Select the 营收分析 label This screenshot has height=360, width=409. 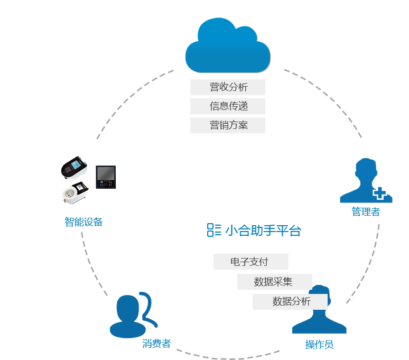click(x=228, y=87)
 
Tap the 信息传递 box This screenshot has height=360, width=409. click(x=228, y=106)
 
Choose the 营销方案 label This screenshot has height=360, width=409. click(x=228, y=125)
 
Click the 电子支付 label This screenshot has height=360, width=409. click(x=250, y=262)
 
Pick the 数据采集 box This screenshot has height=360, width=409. click(x=274, y=282)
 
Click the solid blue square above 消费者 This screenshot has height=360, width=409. click(x=134, y=315)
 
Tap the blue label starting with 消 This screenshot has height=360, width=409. click(x=156, y=344)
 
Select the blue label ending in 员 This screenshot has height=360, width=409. click(x=319, y=345)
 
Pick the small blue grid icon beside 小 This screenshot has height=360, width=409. click(x=214, y=229)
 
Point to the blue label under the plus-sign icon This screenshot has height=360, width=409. click(x=366, y=212)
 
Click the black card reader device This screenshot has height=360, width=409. click(x=74, y=169)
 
